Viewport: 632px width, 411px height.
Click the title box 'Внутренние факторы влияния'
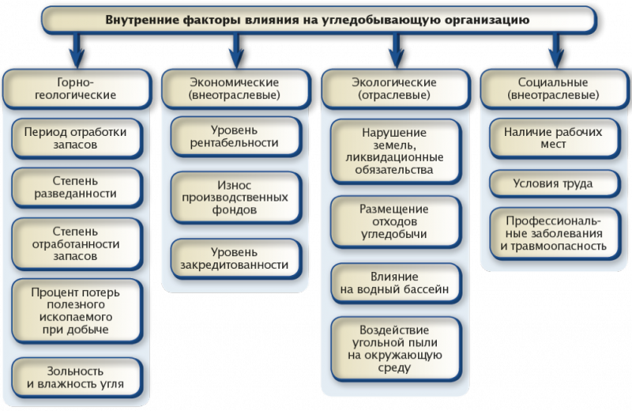(315, 19)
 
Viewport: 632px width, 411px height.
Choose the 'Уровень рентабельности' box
(235, 135)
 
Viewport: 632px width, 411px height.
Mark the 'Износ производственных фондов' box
(235, 197)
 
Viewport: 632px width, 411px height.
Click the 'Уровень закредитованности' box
(235, 258)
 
